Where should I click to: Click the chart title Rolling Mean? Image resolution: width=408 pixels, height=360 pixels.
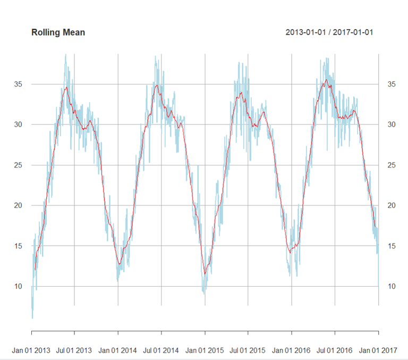coord(58,32)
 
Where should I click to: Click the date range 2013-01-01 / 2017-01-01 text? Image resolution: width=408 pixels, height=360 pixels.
coord(329,32)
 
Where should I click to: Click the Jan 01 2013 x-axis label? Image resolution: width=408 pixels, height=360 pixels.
coord(32,350)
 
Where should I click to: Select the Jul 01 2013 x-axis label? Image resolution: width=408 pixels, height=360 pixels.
coord(74,350)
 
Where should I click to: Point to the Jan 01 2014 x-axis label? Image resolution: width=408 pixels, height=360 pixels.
coord(118,350)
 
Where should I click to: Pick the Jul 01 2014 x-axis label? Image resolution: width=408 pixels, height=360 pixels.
coord(161,350)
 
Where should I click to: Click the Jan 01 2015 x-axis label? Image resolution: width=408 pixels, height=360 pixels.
coord(205,350)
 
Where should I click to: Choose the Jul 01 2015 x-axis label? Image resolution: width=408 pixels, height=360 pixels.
coord(248,350)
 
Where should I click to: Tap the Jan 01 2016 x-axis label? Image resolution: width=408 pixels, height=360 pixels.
coord(291,350)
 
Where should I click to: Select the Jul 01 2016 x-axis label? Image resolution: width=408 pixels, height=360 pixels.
coord(335,350)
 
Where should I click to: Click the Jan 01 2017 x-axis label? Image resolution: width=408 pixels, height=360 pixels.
coord(378,350)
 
